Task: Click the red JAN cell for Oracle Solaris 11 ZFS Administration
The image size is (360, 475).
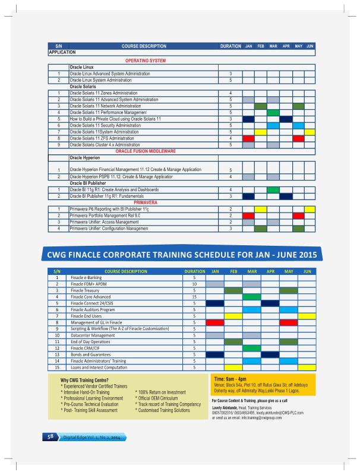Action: pos(248,138)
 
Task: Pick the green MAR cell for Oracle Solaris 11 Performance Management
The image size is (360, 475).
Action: pos(273,112)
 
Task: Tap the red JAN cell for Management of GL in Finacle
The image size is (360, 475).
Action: pos(214,322)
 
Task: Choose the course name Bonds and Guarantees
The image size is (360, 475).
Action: pos(91,354)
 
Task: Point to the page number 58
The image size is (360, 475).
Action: pos(51,436)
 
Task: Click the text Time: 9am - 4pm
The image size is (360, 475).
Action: pos(230,378)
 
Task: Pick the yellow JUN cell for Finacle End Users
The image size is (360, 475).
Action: pos(307,316)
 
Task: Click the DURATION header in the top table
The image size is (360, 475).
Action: pos(230,46)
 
